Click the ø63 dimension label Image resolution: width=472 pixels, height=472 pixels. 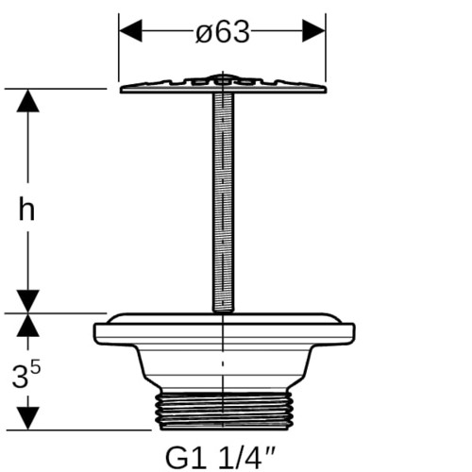click(x=223, y=32)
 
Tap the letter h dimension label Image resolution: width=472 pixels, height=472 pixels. click(x=26, y=208)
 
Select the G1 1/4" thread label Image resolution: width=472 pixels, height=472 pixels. click(x=220, y=459)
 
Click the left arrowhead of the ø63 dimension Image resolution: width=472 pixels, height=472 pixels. click(x=130, y=30)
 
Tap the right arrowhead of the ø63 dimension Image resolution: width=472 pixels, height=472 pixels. click(x=313, y=30)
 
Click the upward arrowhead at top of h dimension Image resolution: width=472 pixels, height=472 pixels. click(x=28, y=101)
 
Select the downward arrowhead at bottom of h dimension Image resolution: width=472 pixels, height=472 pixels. click(x=28, y=301)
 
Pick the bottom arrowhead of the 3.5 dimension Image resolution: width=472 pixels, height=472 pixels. click(x=28, y=418)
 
